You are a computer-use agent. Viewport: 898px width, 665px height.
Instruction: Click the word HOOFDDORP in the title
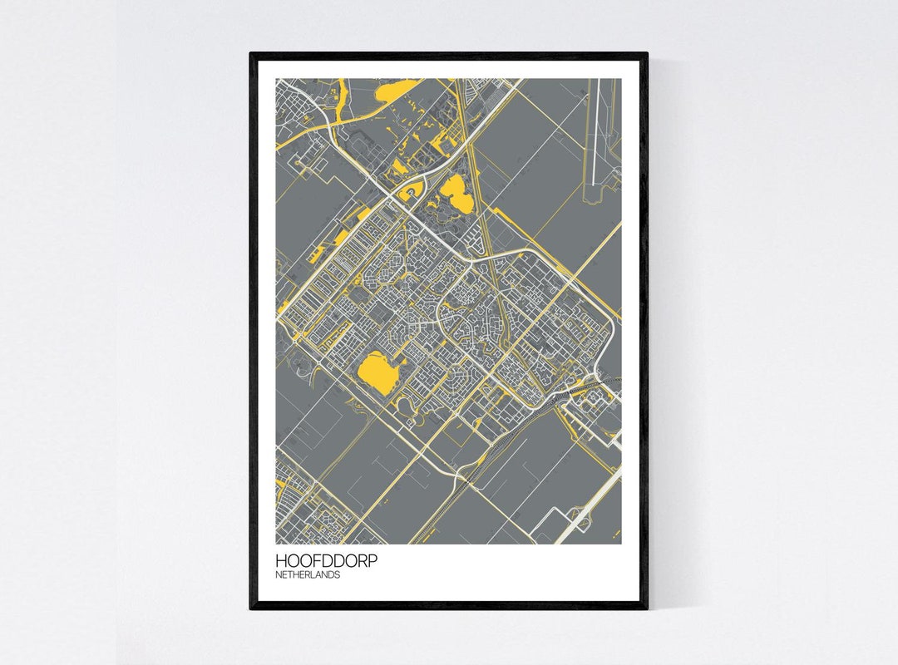(x=326, y=561)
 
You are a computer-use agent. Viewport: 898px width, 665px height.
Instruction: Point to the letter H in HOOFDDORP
(x=281, y=561)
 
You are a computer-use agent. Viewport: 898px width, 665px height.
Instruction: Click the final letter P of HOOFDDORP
(x=373, y=561)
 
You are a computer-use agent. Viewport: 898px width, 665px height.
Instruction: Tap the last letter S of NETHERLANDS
(x=338, y=574)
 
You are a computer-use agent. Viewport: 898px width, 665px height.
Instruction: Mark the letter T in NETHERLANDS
(x=290, y=574)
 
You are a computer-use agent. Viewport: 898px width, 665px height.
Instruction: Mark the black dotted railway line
(x=532, y=423)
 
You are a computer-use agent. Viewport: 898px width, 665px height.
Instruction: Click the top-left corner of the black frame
(x=252, y=55)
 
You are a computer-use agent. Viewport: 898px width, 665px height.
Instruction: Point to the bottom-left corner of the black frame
(x=252, y=607)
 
